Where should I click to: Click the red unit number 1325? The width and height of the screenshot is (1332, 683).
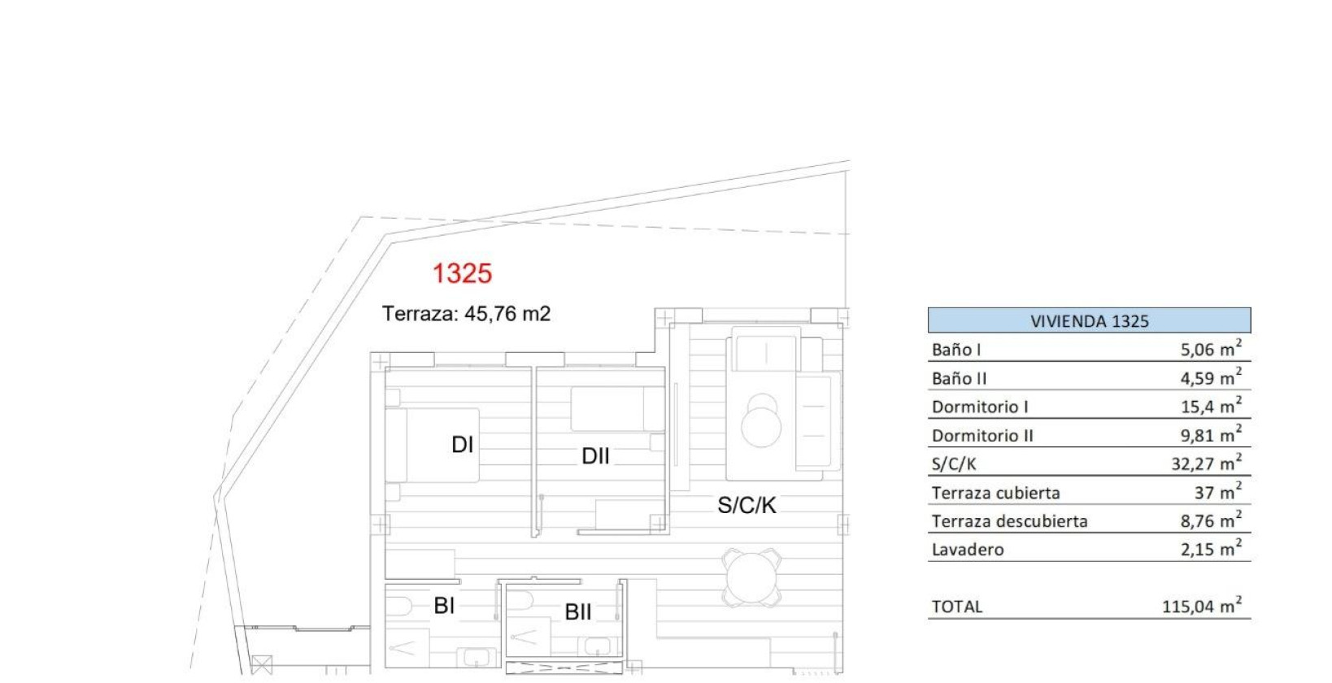[462, 273]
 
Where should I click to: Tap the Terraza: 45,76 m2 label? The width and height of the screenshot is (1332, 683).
[466, 314]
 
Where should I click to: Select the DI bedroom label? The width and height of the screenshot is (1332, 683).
[462, 445]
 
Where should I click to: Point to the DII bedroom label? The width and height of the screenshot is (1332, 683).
[595, 456]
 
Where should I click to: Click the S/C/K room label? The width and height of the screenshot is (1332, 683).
[747, 506]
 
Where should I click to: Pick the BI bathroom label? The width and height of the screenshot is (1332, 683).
[444, 606]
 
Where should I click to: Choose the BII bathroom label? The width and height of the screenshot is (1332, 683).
[578, 612]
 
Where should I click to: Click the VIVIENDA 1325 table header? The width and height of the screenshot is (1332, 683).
[1089, 321]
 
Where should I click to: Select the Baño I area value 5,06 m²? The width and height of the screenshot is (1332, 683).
[1211, 350]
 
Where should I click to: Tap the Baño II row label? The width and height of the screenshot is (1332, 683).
[960, 379]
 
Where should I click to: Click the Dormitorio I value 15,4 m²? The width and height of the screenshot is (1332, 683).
[1211, 407]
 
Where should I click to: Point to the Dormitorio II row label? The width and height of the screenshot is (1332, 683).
[982, 436]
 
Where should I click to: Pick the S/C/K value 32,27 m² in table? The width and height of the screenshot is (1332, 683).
[1206, 463]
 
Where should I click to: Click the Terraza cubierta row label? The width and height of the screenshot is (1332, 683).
[995, 493]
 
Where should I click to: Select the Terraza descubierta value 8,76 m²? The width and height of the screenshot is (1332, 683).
[1211, 521]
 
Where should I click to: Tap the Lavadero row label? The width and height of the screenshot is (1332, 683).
[968, 550]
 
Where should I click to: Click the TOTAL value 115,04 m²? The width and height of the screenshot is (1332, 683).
[1201, 607]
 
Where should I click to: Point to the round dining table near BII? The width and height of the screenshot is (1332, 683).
[753, 577]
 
